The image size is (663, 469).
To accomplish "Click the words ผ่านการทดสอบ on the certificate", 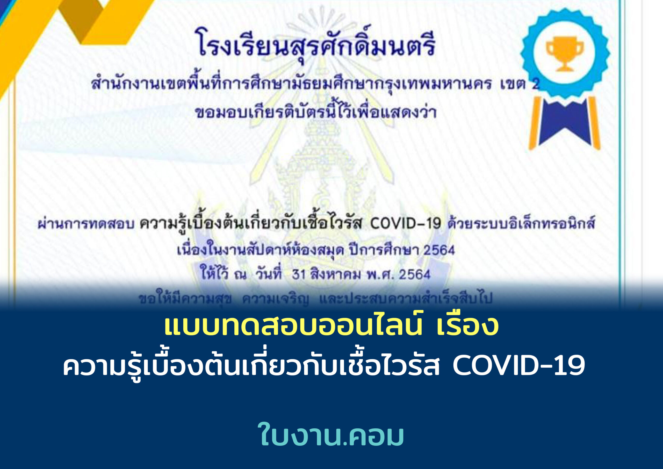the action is click(x=86, y=224).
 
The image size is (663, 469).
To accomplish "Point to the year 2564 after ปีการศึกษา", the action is click(x=439, y=250).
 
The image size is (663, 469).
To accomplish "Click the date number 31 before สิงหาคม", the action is click(x=299, y=274).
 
